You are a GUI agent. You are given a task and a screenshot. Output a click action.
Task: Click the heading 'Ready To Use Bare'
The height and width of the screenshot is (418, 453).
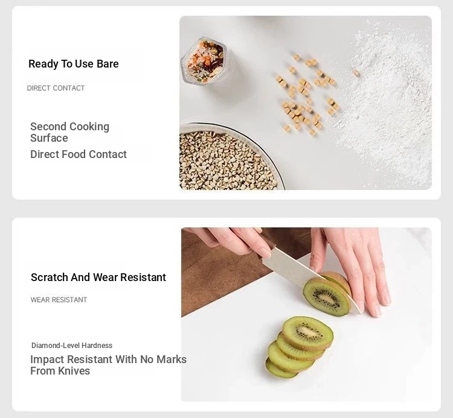(73, 64)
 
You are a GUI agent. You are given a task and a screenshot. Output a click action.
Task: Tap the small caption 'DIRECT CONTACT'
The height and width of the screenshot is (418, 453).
(56, 88)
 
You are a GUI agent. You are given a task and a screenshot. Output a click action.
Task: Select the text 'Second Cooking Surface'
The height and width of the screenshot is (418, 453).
(69, 132)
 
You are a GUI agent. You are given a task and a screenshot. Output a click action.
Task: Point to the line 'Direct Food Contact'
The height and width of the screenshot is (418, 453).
(79, 154)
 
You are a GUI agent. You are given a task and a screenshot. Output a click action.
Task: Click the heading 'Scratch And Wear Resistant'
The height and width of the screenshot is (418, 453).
(98, 277)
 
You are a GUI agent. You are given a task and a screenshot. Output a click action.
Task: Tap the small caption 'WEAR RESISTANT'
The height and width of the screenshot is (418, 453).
(59, 300)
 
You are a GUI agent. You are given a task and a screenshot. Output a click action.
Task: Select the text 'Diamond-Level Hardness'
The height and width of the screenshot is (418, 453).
(72, 345)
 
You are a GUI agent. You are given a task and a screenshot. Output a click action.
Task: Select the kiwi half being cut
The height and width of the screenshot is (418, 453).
(327, 294)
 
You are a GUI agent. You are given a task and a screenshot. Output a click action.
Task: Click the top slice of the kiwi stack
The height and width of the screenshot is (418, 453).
(307, 333)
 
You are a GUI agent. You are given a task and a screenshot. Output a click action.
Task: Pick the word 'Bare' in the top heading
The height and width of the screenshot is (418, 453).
(108, 64)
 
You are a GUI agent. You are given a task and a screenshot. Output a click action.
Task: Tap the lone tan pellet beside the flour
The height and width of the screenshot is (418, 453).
(356, 73)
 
